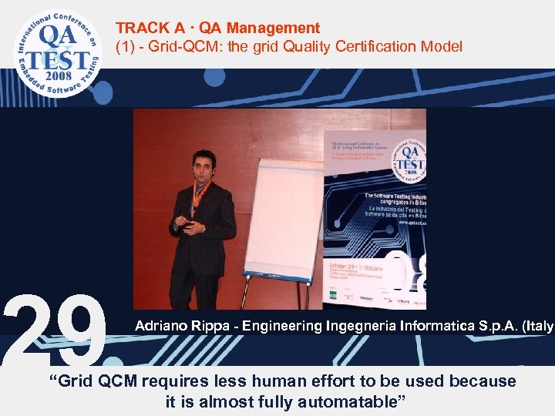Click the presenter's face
point(201,164)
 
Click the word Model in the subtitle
point(442,47)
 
